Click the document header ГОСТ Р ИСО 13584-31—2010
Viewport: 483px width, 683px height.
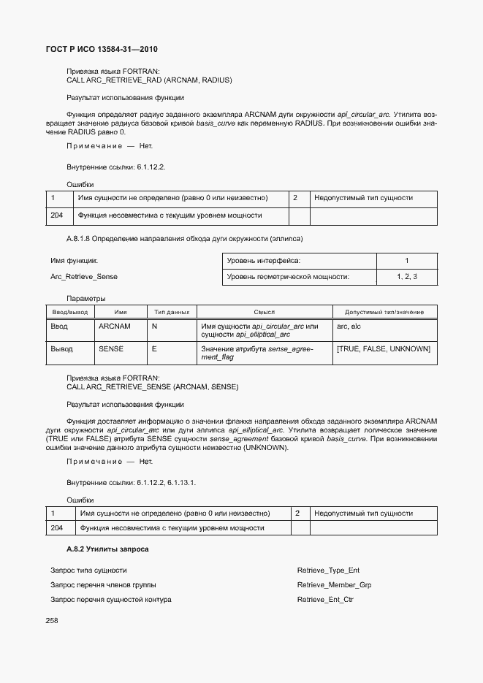click(102, 50)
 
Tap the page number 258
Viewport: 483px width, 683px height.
click(52, 620)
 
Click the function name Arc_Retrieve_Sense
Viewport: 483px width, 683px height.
click(83, 277)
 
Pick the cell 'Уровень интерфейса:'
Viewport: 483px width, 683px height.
click(264, 261)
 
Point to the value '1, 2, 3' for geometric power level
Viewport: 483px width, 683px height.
click(406, 277)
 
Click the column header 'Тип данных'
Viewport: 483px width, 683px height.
click(172, 312)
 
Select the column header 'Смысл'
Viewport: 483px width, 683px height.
click(265, 312)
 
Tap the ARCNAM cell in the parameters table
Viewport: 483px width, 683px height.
click(114, 327)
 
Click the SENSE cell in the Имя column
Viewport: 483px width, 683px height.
click(110, 349)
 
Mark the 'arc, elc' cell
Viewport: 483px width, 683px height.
click(349, 327)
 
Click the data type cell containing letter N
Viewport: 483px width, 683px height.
click(154, 327)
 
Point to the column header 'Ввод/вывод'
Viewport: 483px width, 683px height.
click(69, 312)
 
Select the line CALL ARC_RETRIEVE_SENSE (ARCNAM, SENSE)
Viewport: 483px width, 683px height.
click(152, 386)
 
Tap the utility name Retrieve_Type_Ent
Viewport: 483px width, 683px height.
click(328, 570)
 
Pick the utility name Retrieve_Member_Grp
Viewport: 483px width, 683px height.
click(334, 585)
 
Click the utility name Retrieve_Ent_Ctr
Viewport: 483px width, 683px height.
click(326, 600)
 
